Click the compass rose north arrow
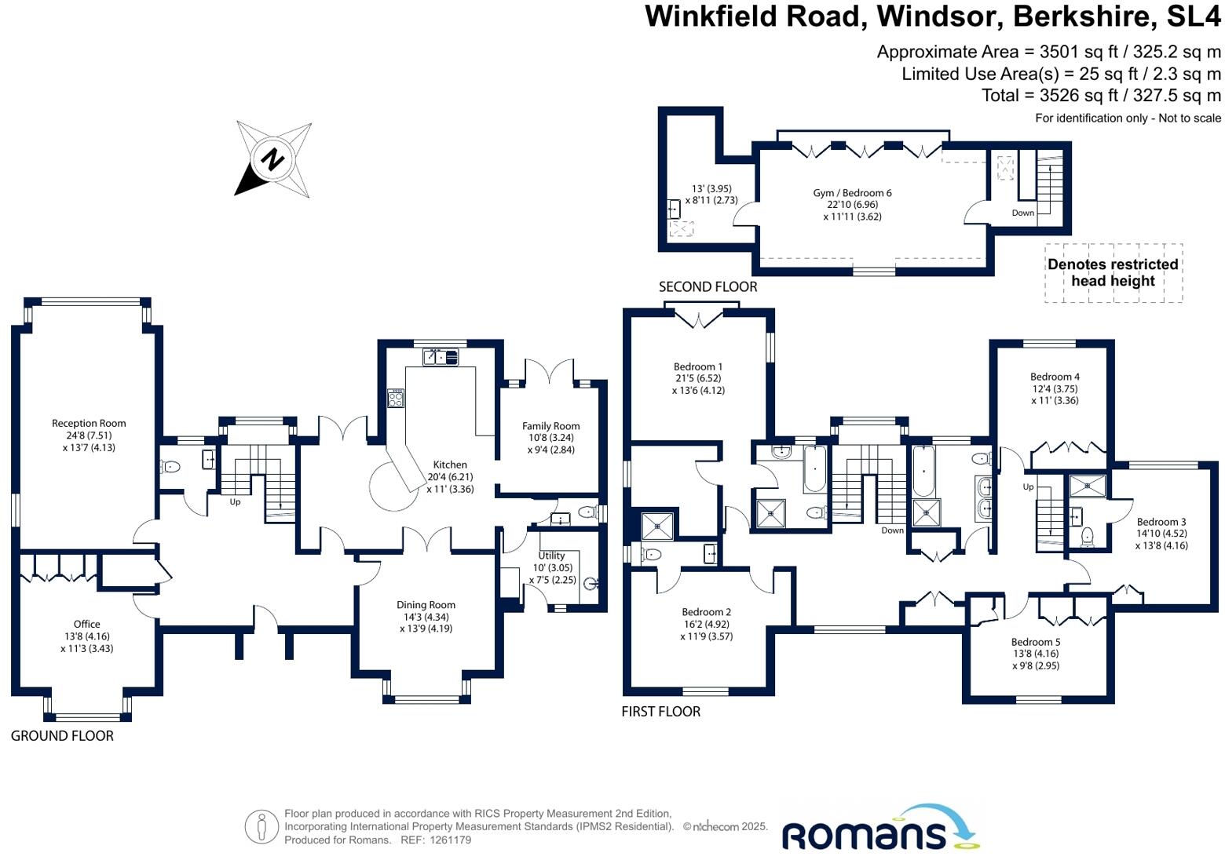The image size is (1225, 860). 272,159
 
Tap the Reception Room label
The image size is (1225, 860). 89,424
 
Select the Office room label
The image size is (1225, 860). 86,625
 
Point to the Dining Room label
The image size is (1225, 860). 426,605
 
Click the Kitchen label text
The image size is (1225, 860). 450,465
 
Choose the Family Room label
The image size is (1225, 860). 550,426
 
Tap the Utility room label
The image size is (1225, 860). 551,556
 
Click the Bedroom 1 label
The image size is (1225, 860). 697,366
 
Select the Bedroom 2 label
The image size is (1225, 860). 706,612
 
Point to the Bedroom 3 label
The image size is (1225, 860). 1161,522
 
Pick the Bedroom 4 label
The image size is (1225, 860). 1054,377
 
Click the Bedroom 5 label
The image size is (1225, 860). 1035,642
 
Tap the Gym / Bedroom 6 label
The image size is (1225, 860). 852,193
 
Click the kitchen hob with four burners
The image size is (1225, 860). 396,399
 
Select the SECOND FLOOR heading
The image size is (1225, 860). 708,287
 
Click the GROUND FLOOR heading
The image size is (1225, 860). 62,736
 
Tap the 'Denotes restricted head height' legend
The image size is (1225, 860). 1113,272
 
